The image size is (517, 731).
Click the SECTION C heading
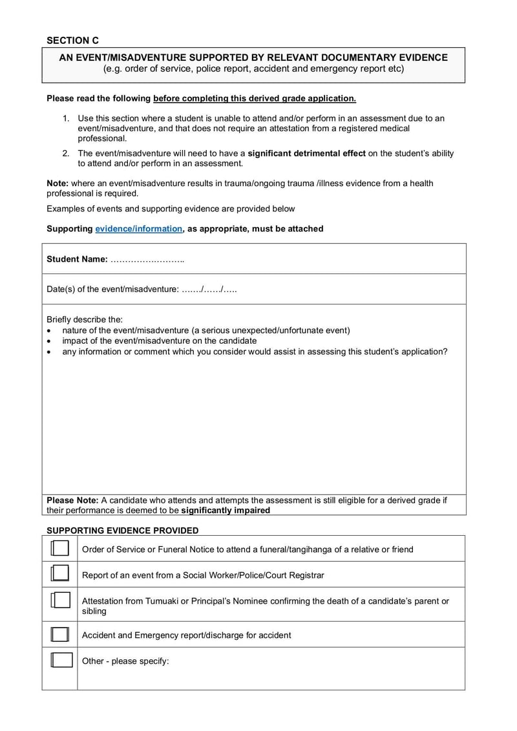(72, 40)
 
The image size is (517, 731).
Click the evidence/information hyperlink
(138, 229)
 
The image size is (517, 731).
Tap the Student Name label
(76, 259)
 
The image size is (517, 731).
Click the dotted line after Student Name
(147, 259)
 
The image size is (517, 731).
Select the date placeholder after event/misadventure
(209, 289)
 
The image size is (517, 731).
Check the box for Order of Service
(59, 549)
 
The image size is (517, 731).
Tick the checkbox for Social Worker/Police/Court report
(59, 574)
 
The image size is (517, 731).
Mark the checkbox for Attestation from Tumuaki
(59, 600)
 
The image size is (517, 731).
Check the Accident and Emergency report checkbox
(59, 635)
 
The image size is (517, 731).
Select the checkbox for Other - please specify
(59, 660)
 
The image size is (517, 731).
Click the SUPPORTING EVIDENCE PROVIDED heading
(122, 531)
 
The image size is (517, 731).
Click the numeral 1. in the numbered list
(66, 118)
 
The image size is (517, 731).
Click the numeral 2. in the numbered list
(66, 153)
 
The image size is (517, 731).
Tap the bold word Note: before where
(58, 184)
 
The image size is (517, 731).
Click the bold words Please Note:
(72, 500)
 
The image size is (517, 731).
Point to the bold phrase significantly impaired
(226, 510)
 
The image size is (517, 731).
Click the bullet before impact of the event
(50, 341)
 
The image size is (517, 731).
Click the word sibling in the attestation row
(94, 611)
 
